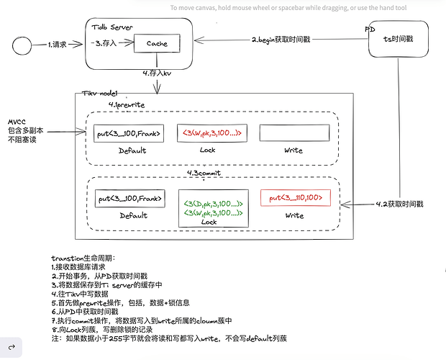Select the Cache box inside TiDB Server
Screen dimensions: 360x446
(157, 44)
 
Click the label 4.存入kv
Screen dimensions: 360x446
(158, 73)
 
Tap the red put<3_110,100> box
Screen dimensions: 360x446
(296, 198)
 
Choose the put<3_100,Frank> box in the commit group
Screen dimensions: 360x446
(129, 199)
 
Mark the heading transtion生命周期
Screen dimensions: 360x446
(83, 258)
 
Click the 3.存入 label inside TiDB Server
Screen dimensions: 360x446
(106, 44)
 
